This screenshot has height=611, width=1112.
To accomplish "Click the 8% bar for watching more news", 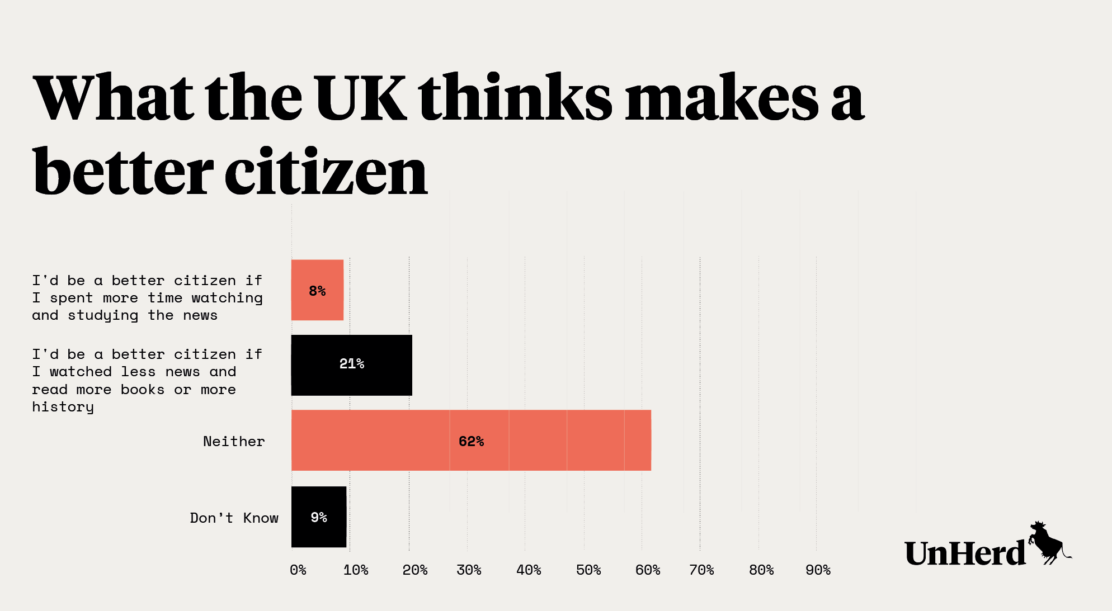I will (317, 290).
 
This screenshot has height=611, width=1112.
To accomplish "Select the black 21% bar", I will (351, 365).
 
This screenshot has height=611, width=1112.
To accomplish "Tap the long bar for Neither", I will (471, 440).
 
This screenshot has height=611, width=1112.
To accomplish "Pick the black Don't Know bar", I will (319, 517).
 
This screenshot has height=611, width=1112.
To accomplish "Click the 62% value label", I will (471, 442).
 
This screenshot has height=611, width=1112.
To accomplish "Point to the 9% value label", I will (319, 517).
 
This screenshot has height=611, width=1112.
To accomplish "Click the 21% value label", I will (352, 364).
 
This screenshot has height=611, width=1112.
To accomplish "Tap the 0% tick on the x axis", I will (298, 570).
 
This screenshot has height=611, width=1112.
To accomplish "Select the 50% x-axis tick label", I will (588, 570).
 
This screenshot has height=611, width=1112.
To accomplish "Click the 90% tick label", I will (818, 570).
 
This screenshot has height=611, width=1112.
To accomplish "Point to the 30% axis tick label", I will (469, 570).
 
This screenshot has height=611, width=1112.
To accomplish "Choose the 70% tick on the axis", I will (701, 570).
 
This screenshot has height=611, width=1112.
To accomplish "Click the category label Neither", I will (234, 442).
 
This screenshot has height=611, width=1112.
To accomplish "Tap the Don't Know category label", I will (234, 518).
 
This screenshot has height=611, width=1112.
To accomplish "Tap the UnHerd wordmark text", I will (965, 553).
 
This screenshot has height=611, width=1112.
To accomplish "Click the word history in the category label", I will (63, 407).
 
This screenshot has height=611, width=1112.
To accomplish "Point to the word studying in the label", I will (103, 316).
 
